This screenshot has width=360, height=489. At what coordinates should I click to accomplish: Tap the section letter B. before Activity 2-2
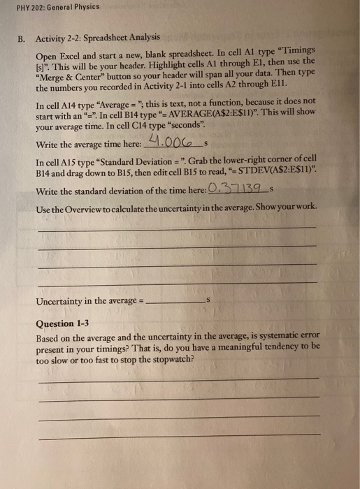coord(21,36)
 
